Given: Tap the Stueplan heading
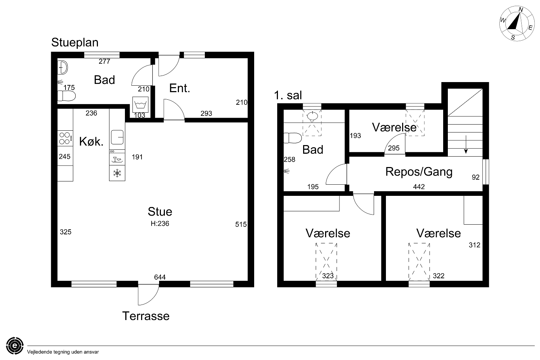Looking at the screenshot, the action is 75,43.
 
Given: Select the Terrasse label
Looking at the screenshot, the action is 146,316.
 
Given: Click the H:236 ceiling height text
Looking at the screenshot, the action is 160,224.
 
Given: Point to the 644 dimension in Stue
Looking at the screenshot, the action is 160,277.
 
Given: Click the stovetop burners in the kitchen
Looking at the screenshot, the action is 65,138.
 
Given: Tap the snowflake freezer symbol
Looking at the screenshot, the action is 117,173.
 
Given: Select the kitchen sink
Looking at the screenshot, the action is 117,137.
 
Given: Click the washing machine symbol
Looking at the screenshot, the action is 140,104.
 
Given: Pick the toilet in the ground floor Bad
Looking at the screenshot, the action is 67,96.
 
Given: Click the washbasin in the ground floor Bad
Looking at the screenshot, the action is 63,68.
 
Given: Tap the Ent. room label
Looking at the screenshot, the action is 180,88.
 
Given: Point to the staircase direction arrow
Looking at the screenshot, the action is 466,144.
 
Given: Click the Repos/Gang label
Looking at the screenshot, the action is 419,172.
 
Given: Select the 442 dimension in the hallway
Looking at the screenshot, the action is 419,186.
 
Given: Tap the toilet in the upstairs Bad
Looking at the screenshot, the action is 293,138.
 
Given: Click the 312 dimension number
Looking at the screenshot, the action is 474,245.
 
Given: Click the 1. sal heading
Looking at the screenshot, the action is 288,95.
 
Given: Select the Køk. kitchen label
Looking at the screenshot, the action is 91,141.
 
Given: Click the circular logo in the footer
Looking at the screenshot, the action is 15,346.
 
